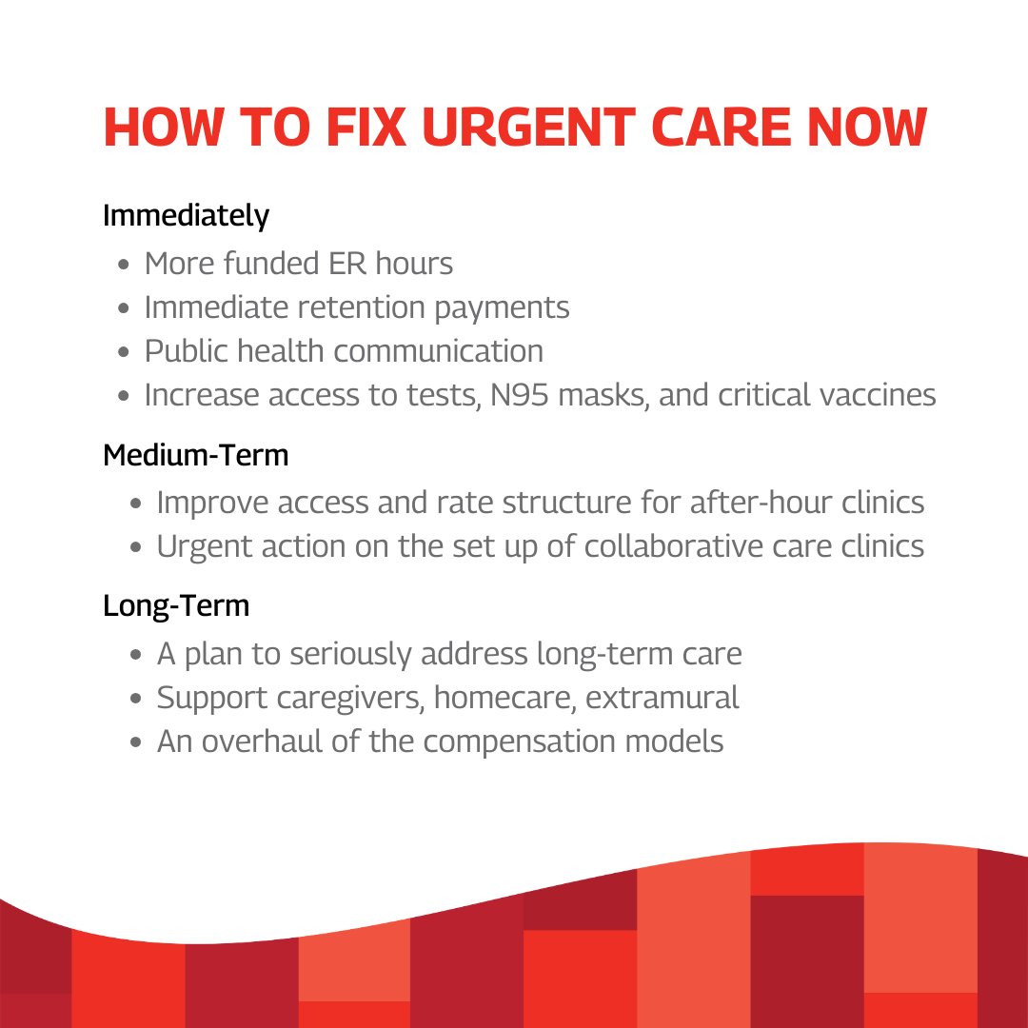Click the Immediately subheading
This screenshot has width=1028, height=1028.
(186, 215)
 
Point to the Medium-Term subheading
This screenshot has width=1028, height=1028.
(195, 455)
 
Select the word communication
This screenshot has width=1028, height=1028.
(439, 350)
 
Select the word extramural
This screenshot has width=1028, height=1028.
(662, 698)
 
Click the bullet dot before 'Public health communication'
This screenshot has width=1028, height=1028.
(125, 351)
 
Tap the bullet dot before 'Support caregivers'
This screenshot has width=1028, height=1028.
(137, 699)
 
